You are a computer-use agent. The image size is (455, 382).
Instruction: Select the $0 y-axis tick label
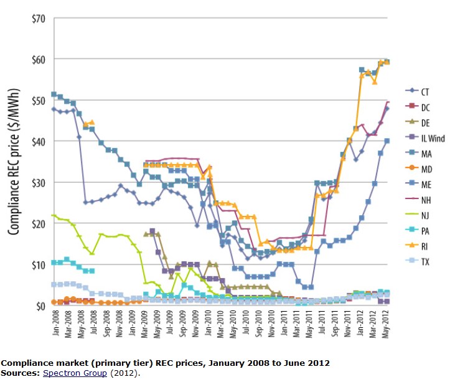(x=39, y=305)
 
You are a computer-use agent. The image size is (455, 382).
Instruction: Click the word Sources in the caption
(x=20, y=373)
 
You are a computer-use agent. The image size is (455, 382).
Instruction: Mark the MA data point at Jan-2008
(x=54, y=94)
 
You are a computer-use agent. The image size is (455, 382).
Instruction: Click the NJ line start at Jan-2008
(x=54, y=215)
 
